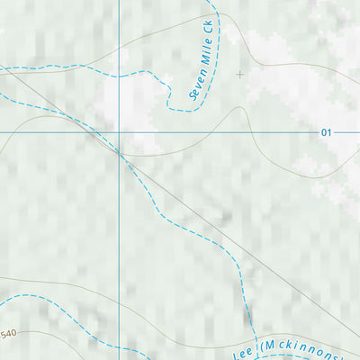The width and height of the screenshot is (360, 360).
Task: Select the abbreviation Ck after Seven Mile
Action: [x=209, y=27]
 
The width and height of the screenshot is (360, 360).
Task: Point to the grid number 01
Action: [x=326, y=133]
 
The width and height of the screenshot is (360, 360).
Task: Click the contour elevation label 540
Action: [x=8, y=335]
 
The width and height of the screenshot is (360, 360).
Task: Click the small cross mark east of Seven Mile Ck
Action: [x=239, y=75]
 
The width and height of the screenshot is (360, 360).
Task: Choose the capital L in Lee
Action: [x=238, y=355]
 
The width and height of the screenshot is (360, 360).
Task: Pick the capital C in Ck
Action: [x=208, y=31]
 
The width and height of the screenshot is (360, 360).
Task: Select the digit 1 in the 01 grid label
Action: [x=329, y=133]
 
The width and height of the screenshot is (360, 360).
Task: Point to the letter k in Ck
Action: [x=210, y=22]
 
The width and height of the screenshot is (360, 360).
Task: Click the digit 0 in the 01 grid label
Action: [x=323, y=133]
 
